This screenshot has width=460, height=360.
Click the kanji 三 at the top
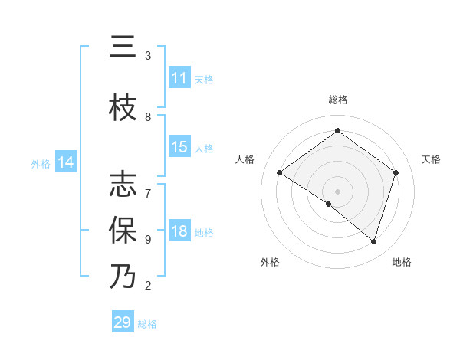123,48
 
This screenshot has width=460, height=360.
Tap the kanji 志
123,185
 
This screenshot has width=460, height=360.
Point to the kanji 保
123,229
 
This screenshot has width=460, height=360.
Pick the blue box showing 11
179,78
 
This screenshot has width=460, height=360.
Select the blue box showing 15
179,148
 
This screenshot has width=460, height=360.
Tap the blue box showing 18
179,232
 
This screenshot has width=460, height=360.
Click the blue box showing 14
66,162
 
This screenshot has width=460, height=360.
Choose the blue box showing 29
123,323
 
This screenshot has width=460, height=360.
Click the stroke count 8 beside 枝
148,116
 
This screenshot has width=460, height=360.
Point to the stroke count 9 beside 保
148,239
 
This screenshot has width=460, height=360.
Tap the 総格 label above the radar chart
337,100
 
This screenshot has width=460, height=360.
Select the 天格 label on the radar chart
431,159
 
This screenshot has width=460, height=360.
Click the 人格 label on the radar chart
245,159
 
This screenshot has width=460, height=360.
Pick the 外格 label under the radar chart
270,263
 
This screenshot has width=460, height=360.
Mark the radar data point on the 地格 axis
373,241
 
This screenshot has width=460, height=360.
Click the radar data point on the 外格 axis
328,204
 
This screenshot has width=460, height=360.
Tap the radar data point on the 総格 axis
337,131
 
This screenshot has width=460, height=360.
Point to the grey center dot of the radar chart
337,191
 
